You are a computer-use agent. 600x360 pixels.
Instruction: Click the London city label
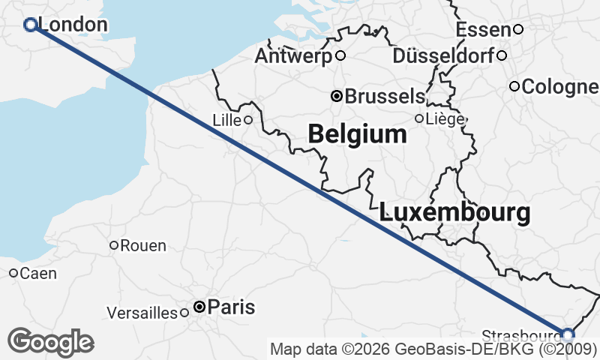click(72, 25)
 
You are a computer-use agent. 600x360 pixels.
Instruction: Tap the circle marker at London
click(31, 25)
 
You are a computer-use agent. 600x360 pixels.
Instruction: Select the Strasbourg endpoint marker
click(568, 334)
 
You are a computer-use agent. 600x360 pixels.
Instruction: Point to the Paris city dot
click(199, 307)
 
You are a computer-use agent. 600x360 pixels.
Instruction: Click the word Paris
click(231, 307)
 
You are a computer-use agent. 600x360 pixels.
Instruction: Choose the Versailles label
click(142, 312)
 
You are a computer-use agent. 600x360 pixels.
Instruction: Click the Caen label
click(38, 273)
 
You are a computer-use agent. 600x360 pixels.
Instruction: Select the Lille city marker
click(247, 119)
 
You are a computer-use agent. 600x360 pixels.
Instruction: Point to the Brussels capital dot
click(337, 96)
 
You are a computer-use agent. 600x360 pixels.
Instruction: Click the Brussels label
click(385, 96)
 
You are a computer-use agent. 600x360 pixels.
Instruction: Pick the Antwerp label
click(295, 55)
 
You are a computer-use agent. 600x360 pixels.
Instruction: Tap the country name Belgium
click(358, 134)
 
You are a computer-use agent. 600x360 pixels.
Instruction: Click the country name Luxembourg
click(455, 212)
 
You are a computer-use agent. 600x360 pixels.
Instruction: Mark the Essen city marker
click(517, 29)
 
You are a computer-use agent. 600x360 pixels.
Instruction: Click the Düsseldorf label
click(443, 55)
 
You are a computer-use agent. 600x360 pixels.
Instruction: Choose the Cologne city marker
click(514, 86)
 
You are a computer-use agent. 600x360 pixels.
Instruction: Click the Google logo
click(50, 342)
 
